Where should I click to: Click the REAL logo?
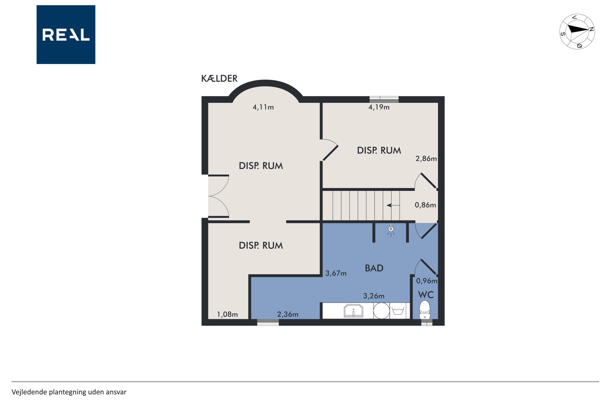point(66,35)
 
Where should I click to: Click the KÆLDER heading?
point(219,78)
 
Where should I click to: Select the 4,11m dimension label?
point(263,107)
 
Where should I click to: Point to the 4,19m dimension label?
point(379,107)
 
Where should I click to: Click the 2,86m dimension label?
point(426,158)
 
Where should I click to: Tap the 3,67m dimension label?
point(336,273)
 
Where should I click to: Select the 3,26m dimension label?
point(374,296)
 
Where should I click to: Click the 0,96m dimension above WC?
point(427,281)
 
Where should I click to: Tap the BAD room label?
point(374,268)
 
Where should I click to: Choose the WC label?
point(426,295)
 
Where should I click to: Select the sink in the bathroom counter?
point(353,311)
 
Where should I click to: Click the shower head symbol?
point(391,230)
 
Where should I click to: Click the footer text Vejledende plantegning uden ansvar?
point(69,392)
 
